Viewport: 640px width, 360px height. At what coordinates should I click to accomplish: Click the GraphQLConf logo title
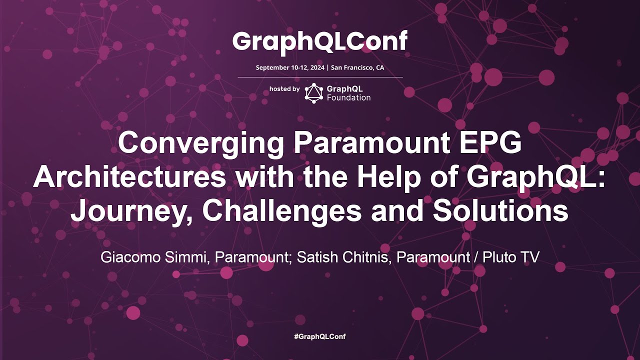320,42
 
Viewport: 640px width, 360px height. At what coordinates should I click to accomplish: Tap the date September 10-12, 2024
290,67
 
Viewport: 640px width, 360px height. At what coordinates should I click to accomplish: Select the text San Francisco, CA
357,67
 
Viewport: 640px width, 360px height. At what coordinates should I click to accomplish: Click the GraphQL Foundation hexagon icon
313,93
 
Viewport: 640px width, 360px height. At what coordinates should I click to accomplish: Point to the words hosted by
284,89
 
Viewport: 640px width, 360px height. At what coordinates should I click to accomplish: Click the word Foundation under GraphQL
348,97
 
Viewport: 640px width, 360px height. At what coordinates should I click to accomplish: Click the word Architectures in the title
129,177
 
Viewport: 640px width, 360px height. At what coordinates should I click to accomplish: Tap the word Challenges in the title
281,213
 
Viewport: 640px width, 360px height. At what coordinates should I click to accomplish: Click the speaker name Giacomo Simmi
153,257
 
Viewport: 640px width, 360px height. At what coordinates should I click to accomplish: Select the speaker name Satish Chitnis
342,257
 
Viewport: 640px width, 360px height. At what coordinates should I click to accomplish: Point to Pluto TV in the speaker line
510,257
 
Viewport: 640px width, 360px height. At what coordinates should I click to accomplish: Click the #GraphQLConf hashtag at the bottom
320,336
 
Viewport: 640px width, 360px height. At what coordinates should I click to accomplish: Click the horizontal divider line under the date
320,77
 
